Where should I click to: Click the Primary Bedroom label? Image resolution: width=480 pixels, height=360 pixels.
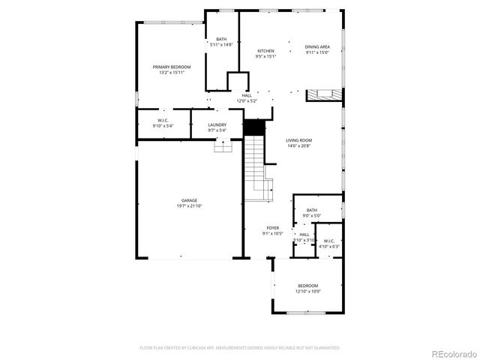tap(172, 67)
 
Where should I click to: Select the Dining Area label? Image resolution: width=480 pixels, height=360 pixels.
tap(318, 47)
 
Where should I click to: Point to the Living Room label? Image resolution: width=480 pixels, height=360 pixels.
tap(298, 140)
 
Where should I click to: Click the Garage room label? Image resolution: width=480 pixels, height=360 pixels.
tap(189, 200)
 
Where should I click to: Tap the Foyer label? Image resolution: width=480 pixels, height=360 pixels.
tap(272, 228)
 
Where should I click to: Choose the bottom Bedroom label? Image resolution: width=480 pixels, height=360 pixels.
tap(307, 286)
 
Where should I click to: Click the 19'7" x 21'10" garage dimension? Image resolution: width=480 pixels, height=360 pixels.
tap(189, 205)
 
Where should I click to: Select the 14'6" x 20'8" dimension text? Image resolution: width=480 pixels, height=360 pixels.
tap(298, 145)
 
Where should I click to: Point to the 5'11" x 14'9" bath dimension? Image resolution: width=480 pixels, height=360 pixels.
tap(221, 45)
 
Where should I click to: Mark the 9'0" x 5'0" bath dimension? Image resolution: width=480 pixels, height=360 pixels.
tap(311, 216)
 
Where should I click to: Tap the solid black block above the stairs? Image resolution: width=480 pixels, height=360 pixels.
tap(254, 127)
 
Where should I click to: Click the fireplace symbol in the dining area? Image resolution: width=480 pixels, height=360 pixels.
tap(322, 94)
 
